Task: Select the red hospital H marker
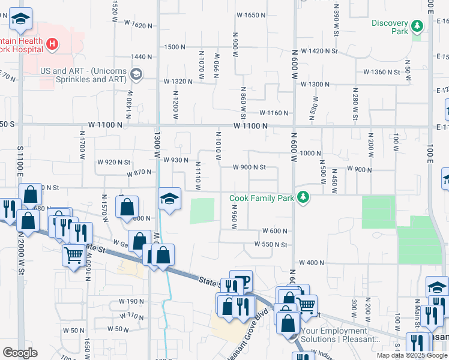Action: coord(52,44)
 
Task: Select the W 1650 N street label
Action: coord(251,15)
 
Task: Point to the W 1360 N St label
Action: coord(382,72)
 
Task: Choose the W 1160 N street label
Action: coord(274,113)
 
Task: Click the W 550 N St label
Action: coord(271,244)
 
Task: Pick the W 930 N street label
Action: coord(176,160)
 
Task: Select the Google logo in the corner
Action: coord(20,352)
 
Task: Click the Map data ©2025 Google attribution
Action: coord(412,355)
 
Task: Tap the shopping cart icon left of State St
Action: coord(73,256)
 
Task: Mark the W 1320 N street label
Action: coord(178,82)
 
